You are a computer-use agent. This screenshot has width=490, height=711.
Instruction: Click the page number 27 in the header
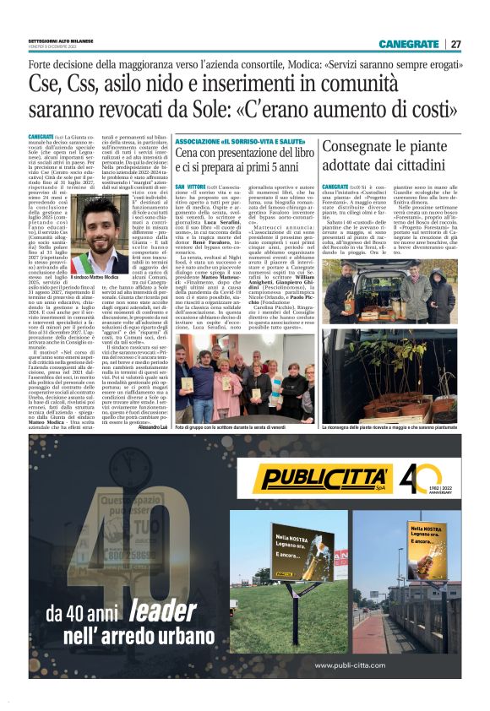[456, 44]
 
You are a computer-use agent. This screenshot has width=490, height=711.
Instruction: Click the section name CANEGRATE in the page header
[409, 44]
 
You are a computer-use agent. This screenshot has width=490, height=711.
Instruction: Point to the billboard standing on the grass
[302, 553]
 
